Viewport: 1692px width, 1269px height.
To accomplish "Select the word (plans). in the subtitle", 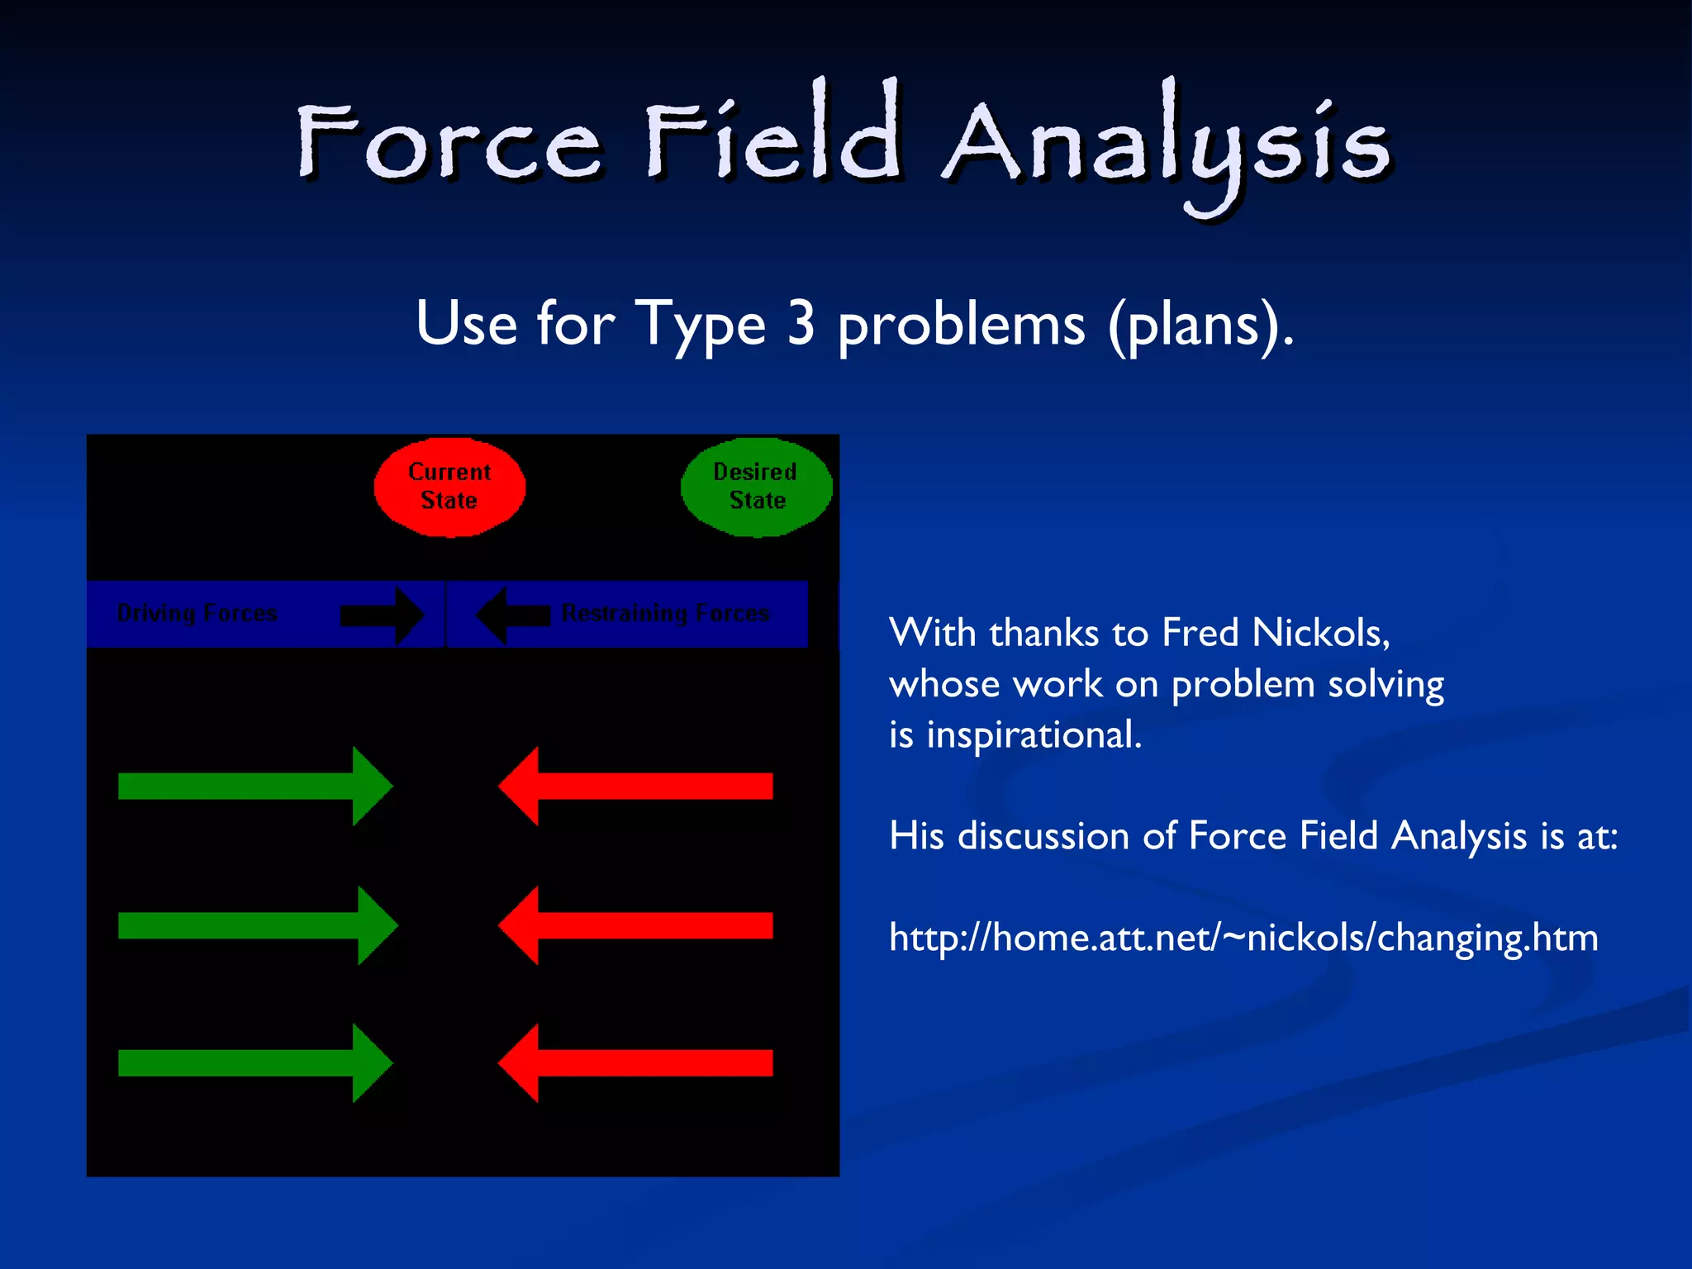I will coord(1200,326).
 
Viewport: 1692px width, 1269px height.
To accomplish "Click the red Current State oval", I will coord(449,487).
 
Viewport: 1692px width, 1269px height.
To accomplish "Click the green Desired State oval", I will coord(756,487).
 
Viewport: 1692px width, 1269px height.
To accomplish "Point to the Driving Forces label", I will coord(197,613).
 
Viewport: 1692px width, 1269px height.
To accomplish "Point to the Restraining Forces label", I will coord(665,613).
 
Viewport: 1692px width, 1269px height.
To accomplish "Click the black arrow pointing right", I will coord(383,615).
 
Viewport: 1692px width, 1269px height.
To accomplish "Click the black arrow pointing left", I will coord(513,615).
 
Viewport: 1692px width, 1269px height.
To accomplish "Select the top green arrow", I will coord(254,786).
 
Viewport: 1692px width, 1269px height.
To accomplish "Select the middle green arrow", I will coord(256,925).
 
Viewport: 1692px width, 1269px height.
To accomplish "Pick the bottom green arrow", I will coord(254,1062).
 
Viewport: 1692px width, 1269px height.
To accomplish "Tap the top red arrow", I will coord(636,786).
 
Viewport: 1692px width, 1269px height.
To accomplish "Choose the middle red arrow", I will coord(636,925).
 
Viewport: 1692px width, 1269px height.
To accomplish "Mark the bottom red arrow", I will coord(636,1062).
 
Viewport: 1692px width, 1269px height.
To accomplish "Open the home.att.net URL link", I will coord(1243,938).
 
